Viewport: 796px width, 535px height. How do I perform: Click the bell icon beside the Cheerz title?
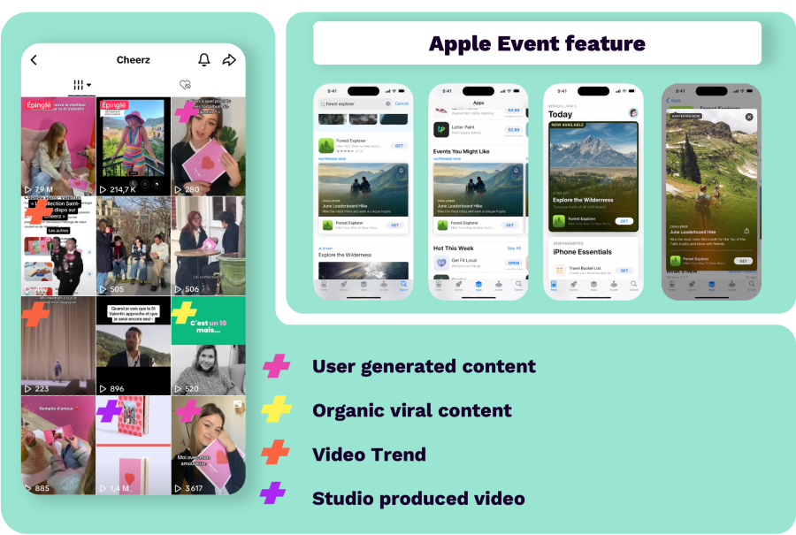pos(204,60)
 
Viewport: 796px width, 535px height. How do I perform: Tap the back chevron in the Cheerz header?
pos(34,60)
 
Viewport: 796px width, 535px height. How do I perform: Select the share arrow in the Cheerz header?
pos(229,60)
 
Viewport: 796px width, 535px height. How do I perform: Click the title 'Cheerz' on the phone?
pos(134,60)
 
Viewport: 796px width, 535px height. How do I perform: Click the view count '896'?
pos(117,388)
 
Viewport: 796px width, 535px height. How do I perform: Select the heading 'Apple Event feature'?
pos(537,43)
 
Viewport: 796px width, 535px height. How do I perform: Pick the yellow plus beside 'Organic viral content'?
pos(277,410)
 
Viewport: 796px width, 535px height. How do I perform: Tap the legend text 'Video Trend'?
pos(369,455)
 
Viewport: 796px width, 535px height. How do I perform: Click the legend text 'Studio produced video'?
pos(418,499)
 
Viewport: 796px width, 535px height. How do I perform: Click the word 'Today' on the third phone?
pos(561,114)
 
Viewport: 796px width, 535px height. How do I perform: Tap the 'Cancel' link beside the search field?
pos(402,103)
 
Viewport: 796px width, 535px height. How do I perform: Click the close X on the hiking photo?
pos(749,117)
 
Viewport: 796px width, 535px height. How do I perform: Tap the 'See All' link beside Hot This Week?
pos(514,248)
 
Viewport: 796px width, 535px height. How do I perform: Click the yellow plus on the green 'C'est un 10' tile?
pos(184,312)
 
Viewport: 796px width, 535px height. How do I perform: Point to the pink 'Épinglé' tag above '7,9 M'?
pos(39,105)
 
